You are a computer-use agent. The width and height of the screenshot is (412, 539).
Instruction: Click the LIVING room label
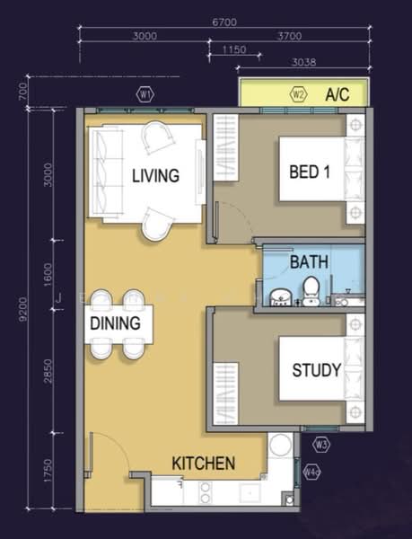coord(155,175)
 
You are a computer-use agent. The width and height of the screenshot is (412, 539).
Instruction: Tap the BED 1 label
coord(310,172)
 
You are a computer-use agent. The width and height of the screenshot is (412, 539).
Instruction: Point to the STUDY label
coord(315,369)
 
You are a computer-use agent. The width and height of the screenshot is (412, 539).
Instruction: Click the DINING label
coord(114,323)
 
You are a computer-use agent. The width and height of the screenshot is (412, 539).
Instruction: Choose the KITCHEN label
coord(204,464)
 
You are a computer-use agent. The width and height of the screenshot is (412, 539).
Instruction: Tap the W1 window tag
coord(145,93)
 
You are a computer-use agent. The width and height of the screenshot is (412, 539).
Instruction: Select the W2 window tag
coord(300,93)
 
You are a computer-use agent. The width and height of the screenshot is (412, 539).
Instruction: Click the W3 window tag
coord(321,443)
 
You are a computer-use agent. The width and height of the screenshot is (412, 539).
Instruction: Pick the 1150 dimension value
coord(234,49)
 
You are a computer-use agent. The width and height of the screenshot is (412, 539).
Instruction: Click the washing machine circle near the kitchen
coord(281,446)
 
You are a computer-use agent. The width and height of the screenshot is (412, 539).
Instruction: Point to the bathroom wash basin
coord(280,296)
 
